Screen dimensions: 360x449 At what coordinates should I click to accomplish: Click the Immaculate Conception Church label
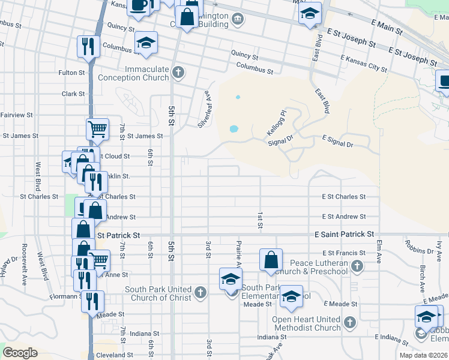point(147,73)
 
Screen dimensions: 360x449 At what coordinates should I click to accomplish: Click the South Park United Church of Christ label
point(158,293)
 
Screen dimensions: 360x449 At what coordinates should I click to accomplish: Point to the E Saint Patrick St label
point(345,234)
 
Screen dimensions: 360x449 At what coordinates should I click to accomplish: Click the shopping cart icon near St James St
point(97,128)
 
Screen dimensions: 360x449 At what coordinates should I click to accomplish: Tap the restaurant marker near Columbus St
point(88,46)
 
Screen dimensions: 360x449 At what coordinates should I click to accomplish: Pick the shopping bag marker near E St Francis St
point(271,259)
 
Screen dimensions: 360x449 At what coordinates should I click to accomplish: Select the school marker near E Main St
point(310,13)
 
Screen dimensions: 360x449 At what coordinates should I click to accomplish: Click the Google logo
point(20,353)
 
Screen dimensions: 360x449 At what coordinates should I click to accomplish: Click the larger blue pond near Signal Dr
point(233,128)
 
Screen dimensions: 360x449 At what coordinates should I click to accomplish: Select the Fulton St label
point(71,73)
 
